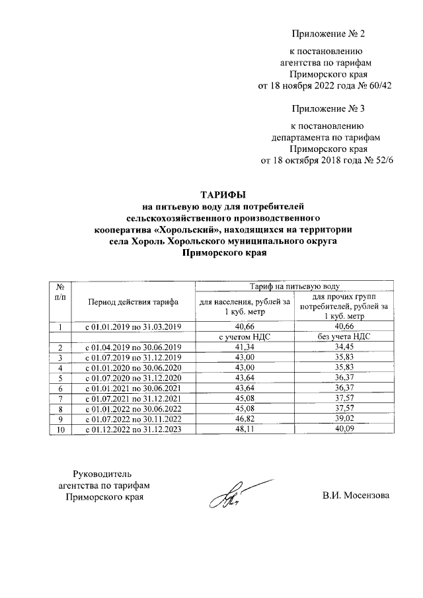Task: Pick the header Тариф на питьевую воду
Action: click(295, 285)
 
